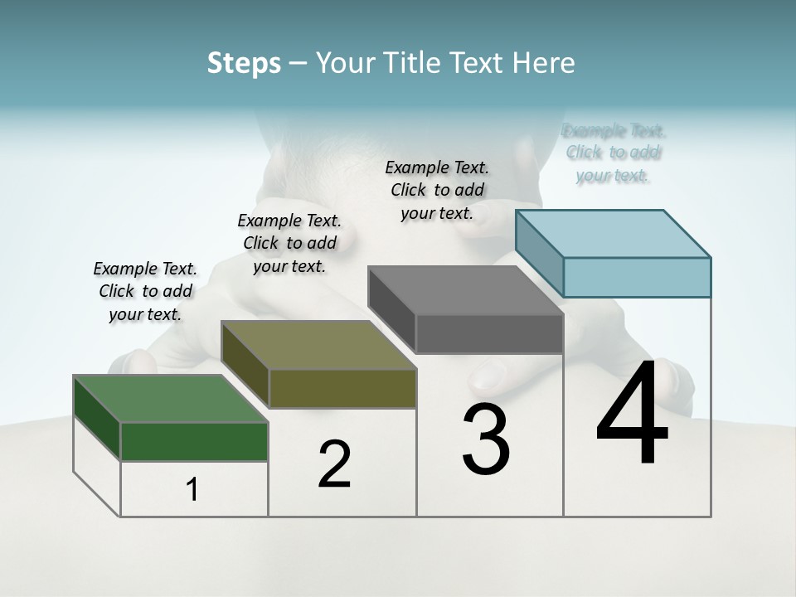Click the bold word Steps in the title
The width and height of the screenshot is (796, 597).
click(243, 63)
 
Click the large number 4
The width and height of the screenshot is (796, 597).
click(632, 415)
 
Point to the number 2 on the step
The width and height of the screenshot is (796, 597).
click(334, 465)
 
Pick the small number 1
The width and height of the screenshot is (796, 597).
click(192, 490)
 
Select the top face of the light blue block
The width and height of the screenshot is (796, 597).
click(614, 234)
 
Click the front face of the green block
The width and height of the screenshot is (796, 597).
click(194, 441)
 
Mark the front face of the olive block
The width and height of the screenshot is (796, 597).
click(342, 388)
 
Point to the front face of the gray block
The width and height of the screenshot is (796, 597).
click(489, 333)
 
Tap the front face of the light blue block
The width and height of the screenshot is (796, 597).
click(637, 277)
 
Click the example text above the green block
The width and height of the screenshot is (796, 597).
click(145, 291)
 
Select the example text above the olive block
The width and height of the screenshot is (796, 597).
click(289, 243)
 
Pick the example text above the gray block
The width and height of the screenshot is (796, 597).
click(437, 190)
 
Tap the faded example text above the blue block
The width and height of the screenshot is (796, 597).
click(614, 153)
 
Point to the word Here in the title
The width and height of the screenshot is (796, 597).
click(544, 63)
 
